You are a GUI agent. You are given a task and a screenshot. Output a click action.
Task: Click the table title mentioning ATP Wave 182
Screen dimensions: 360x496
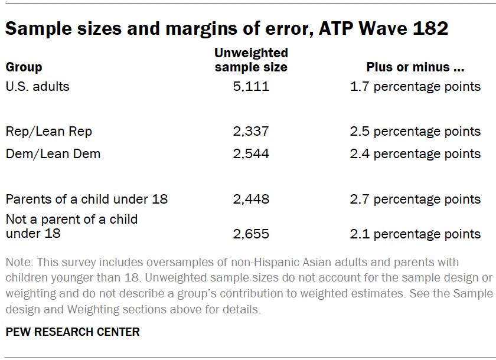[x=226, y=28]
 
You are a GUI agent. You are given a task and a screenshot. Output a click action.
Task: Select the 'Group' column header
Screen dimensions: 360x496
[x=24, y=67]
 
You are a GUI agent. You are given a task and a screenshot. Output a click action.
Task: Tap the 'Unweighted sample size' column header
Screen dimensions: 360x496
[x=251, y=60]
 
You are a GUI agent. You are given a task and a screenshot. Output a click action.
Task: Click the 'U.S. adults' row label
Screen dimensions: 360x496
[x=37, y=86]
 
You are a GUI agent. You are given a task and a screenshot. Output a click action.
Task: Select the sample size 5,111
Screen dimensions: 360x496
[x=251, y=87]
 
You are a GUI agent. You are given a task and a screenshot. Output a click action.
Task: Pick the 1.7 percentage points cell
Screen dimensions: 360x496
[x=415, y=87]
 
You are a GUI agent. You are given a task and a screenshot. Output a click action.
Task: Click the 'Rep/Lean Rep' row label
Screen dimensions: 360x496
[x=49, y=131]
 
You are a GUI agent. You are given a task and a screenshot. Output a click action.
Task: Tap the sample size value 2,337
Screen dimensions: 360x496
[x=251, y=131]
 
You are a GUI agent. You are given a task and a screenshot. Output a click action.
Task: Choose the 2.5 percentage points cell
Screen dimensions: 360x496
[x=415, y=131]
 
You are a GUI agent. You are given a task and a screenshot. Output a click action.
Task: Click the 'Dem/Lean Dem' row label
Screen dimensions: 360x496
[x=53, y=153]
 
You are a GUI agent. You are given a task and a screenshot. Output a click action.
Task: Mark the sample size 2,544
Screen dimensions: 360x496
[x=251, y=153]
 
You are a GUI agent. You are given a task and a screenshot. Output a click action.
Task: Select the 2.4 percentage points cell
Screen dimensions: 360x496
[x=415, y=153]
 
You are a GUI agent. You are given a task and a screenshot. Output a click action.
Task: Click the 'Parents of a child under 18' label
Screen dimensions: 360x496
[x=87, y=199]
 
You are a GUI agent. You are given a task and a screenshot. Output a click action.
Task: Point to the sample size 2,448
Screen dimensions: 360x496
[x=251, y=199]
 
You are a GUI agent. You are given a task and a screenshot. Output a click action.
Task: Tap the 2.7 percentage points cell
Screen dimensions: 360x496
[x=415, y=199]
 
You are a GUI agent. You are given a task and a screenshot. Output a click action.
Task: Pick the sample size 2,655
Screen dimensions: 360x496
[x=251, y=234]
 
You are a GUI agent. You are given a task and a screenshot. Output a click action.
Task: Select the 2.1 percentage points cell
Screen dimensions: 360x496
[x=415, y=234]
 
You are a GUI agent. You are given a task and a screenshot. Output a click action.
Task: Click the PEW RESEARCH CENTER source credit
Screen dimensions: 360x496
[x=73, y=332]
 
